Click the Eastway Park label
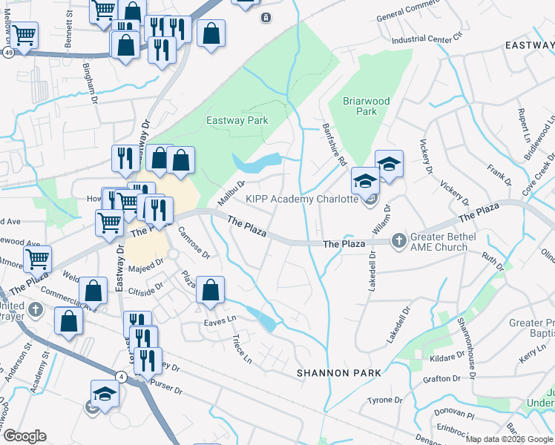236,121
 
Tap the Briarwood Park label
361,106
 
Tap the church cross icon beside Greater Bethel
398,240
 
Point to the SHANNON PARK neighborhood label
338,372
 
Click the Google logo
24,436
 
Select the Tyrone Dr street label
384,400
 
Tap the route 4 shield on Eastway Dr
120,377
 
